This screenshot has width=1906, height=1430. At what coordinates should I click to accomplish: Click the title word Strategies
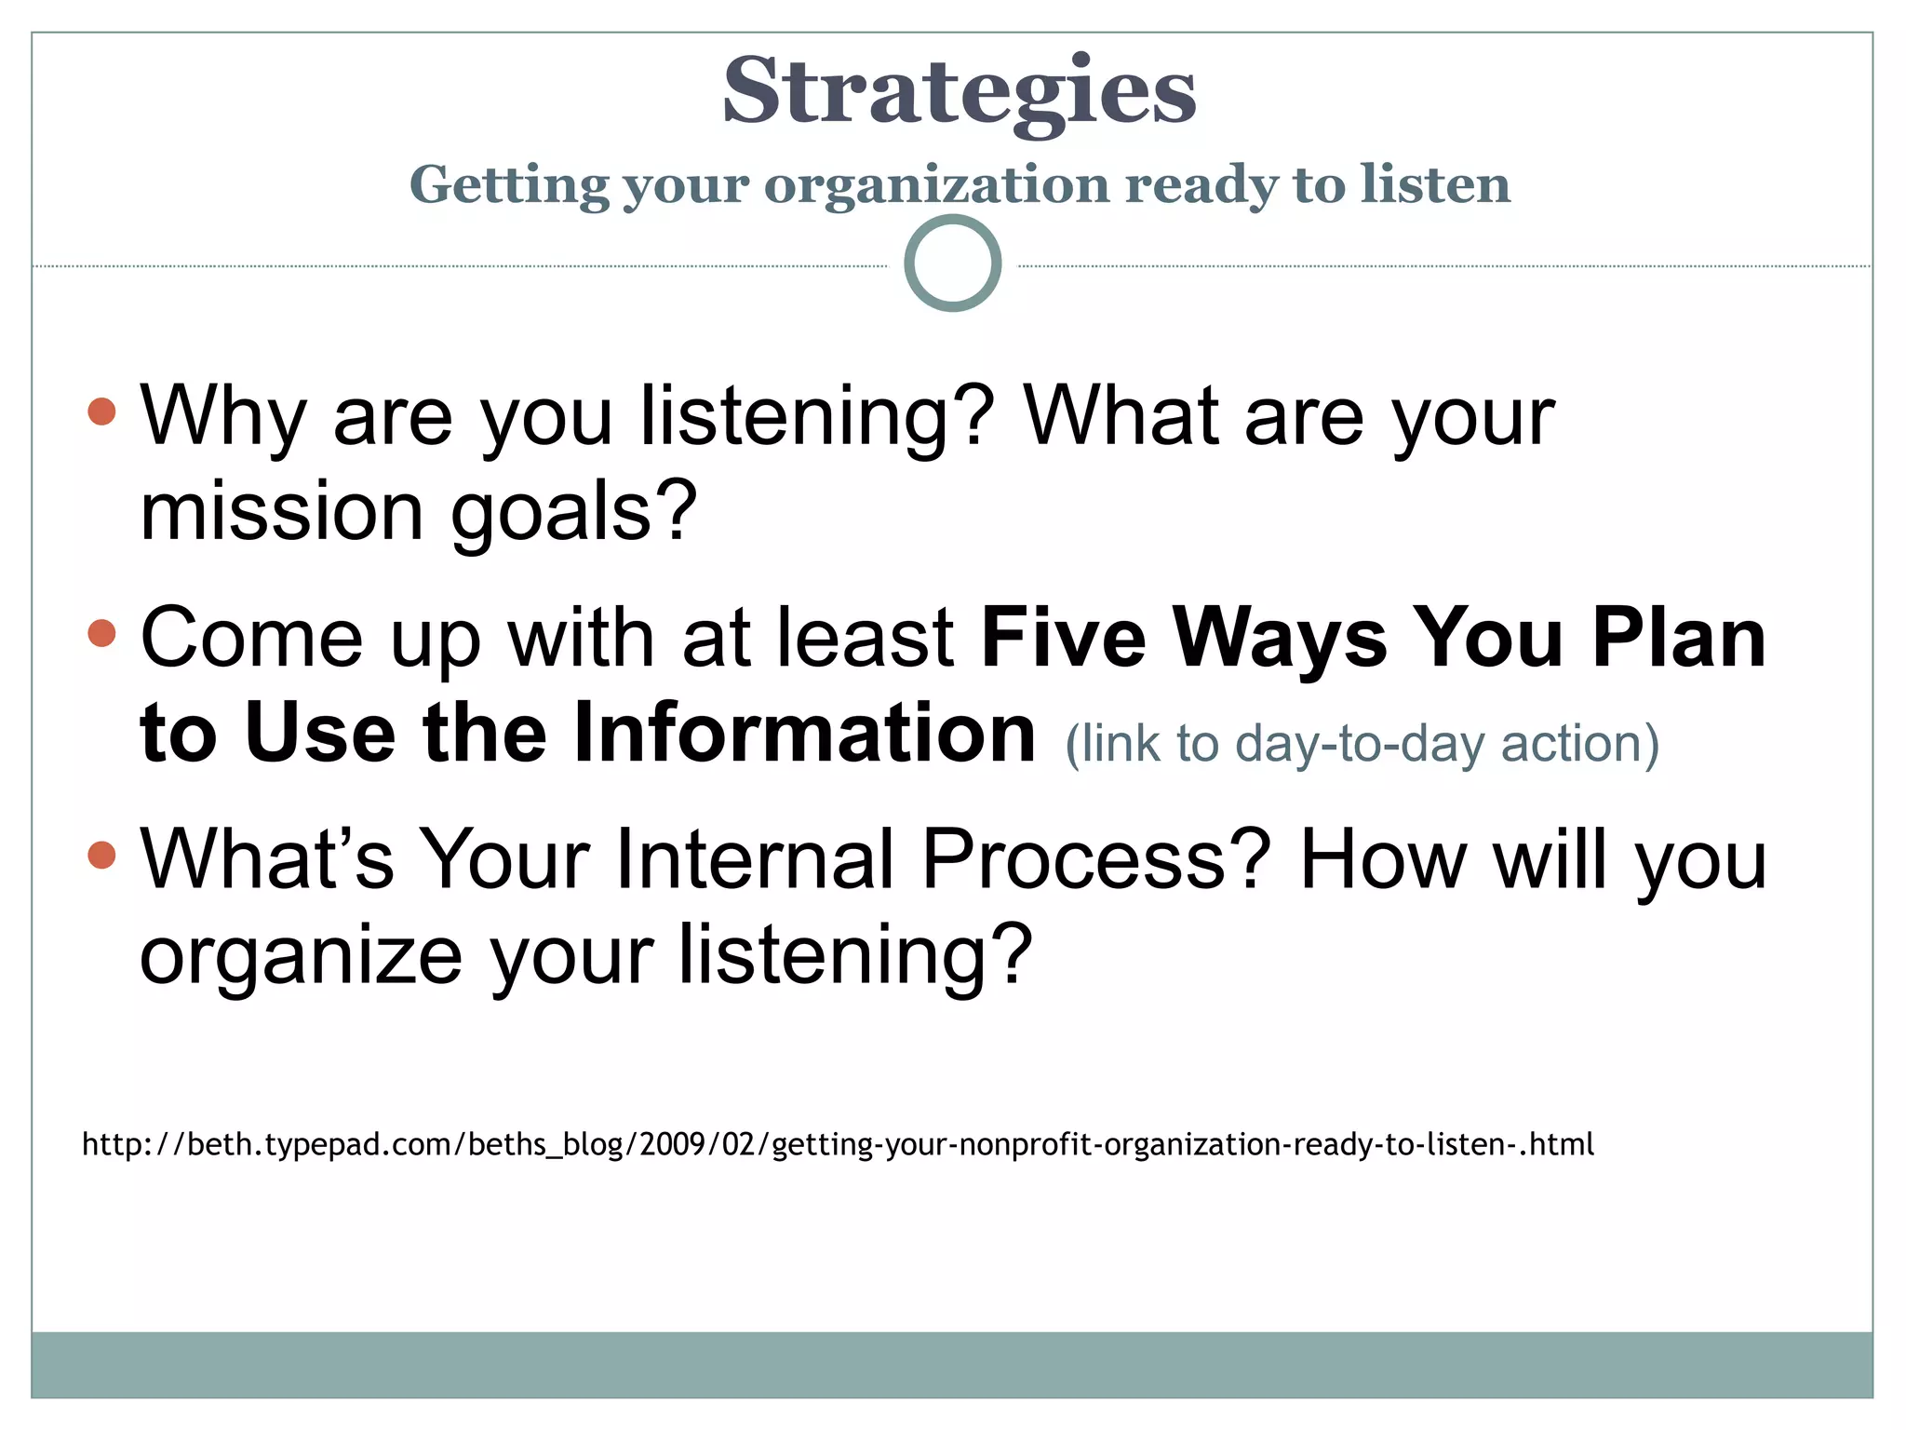[959, 90]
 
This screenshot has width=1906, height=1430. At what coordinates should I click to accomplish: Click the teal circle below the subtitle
[952, 263]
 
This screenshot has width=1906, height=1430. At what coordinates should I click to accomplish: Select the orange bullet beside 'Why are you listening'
[102, 411]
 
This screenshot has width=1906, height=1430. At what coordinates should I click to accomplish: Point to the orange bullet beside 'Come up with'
[102, 633]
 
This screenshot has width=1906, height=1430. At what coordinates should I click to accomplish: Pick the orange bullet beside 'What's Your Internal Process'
[102, 854]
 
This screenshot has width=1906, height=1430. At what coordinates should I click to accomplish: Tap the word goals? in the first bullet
[573, 514]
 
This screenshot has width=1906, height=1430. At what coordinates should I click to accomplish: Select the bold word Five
[1064, 638]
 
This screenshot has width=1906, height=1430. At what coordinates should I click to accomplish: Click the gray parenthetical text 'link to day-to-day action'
[1362, 744]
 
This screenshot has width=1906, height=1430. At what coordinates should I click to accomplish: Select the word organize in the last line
[300, 957]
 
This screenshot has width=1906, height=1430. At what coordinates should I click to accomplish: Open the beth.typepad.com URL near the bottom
[838, 1143]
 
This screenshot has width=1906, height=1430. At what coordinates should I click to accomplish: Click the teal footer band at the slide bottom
[952, 1364]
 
